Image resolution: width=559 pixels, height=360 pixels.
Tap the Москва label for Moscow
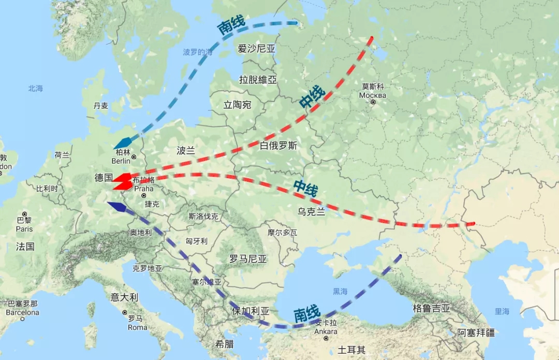point(373,95)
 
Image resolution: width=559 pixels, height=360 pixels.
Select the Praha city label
point(144,189)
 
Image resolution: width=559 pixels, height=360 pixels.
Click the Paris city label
point(24,229)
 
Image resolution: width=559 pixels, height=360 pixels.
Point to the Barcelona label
point(22,312)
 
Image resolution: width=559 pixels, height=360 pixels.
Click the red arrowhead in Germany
point(122,182)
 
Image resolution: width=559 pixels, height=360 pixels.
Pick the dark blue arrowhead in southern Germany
point(116,207)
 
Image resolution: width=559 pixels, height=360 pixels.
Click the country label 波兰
point(185,151)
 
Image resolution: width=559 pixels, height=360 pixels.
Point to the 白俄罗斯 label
point(278,146)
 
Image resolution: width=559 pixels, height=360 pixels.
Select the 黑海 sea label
point(340,291)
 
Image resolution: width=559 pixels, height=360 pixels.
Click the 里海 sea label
point(502,311)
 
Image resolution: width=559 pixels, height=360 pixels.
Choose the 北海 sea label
point(36,89)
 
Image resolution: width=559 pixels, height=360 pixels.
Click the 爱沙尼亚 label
point(257,49)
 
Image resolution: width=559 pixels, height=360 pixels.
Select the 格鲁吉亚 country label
point(432,308)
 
